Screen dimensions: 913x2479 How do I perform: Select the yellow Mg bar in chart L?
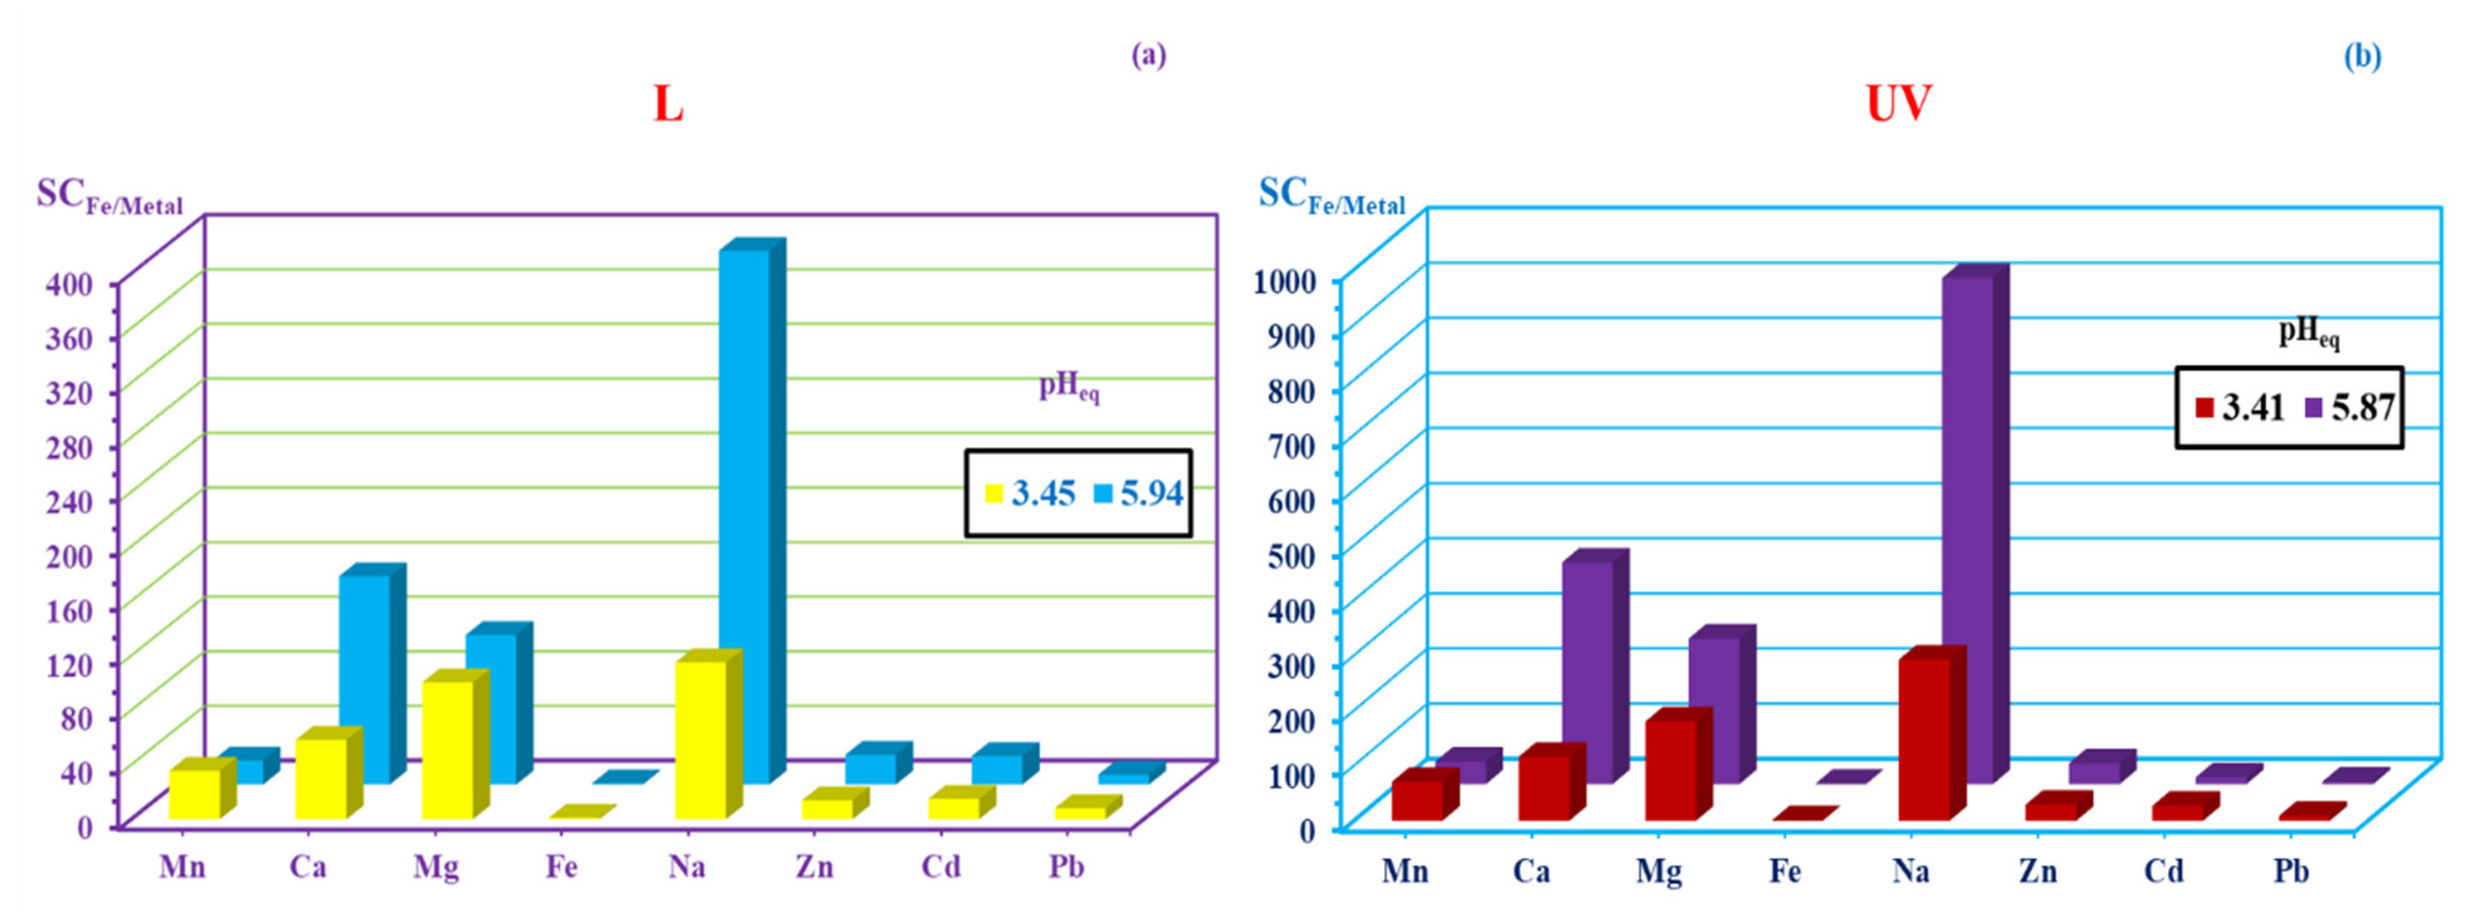tap(448, 750)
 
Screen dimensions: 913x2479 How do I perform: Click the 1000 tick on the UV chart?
tap(1285, 282)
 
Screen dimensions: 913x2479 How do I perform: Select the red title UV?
tap(1897, 104)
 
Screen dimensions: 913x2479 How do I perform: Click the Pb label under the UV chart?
tap(2291, 872)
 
